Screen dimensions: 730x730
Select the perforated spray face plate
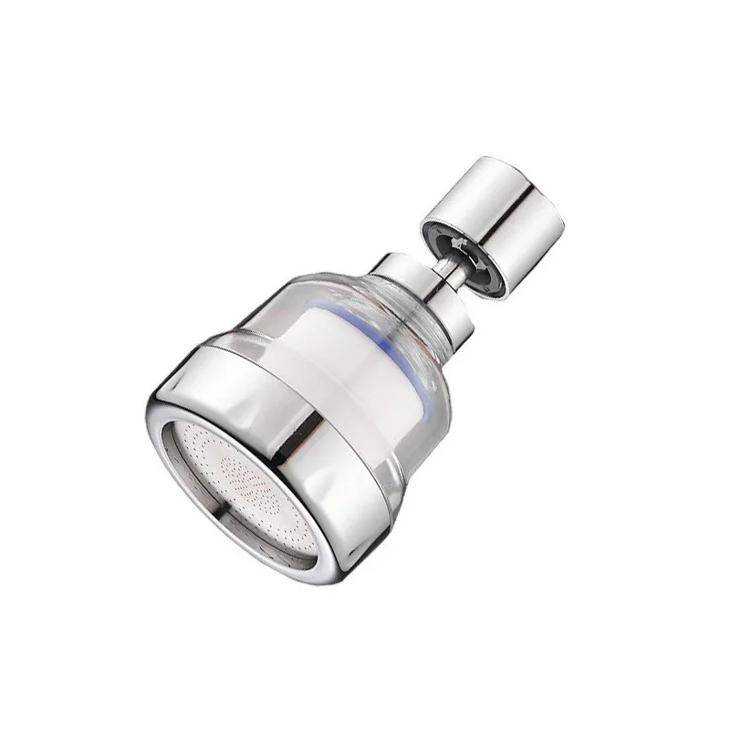point(246,484)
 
